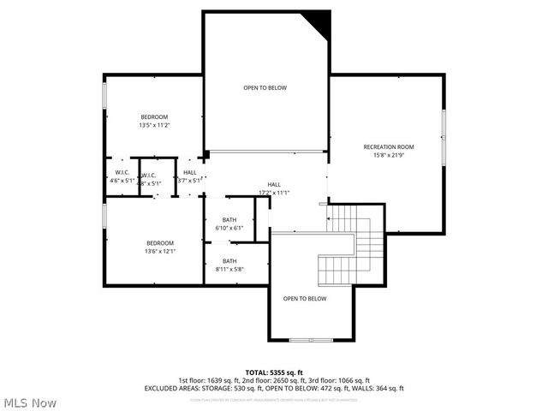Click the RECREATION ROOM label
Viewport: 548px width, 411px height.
(x=388, y=146)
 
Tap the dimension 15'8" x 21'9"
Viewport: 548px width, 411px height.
(x=388, y=155)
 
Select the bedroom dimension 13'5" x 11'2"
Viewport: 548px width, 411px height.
(x=154, y=125)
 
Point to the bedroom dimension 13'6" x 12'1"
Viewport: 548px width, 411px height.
(x=160, y=251)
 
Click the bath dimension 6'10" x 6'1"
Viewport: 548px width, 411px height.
(x=229, y=228)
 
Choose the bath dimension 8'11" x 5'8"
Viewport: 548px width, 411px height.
(x=229, y=269)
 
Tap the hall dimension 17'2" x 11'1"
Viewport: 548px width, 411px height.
(x=274, y=193)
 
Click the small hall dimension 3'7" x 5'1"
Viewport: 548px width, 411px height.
(x=190, y=181)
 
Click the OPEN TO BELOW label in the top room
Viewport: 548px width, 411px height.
(x=265, y=88)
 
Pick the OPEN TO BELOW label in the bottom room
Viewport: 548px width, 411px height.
(x=305, y=298)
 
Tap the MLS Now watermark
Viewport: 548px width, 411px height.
(x=30, y=402)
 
